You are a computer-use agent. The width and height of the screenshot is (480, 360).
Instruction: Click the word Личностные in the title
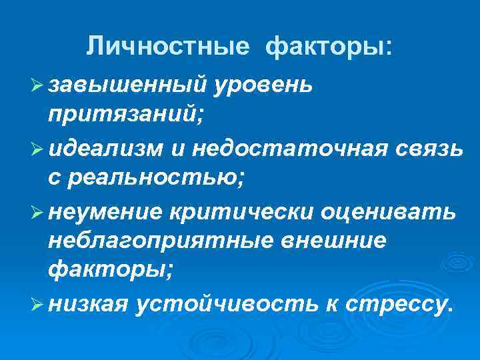pyautogui.click(x=169, y=47)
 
